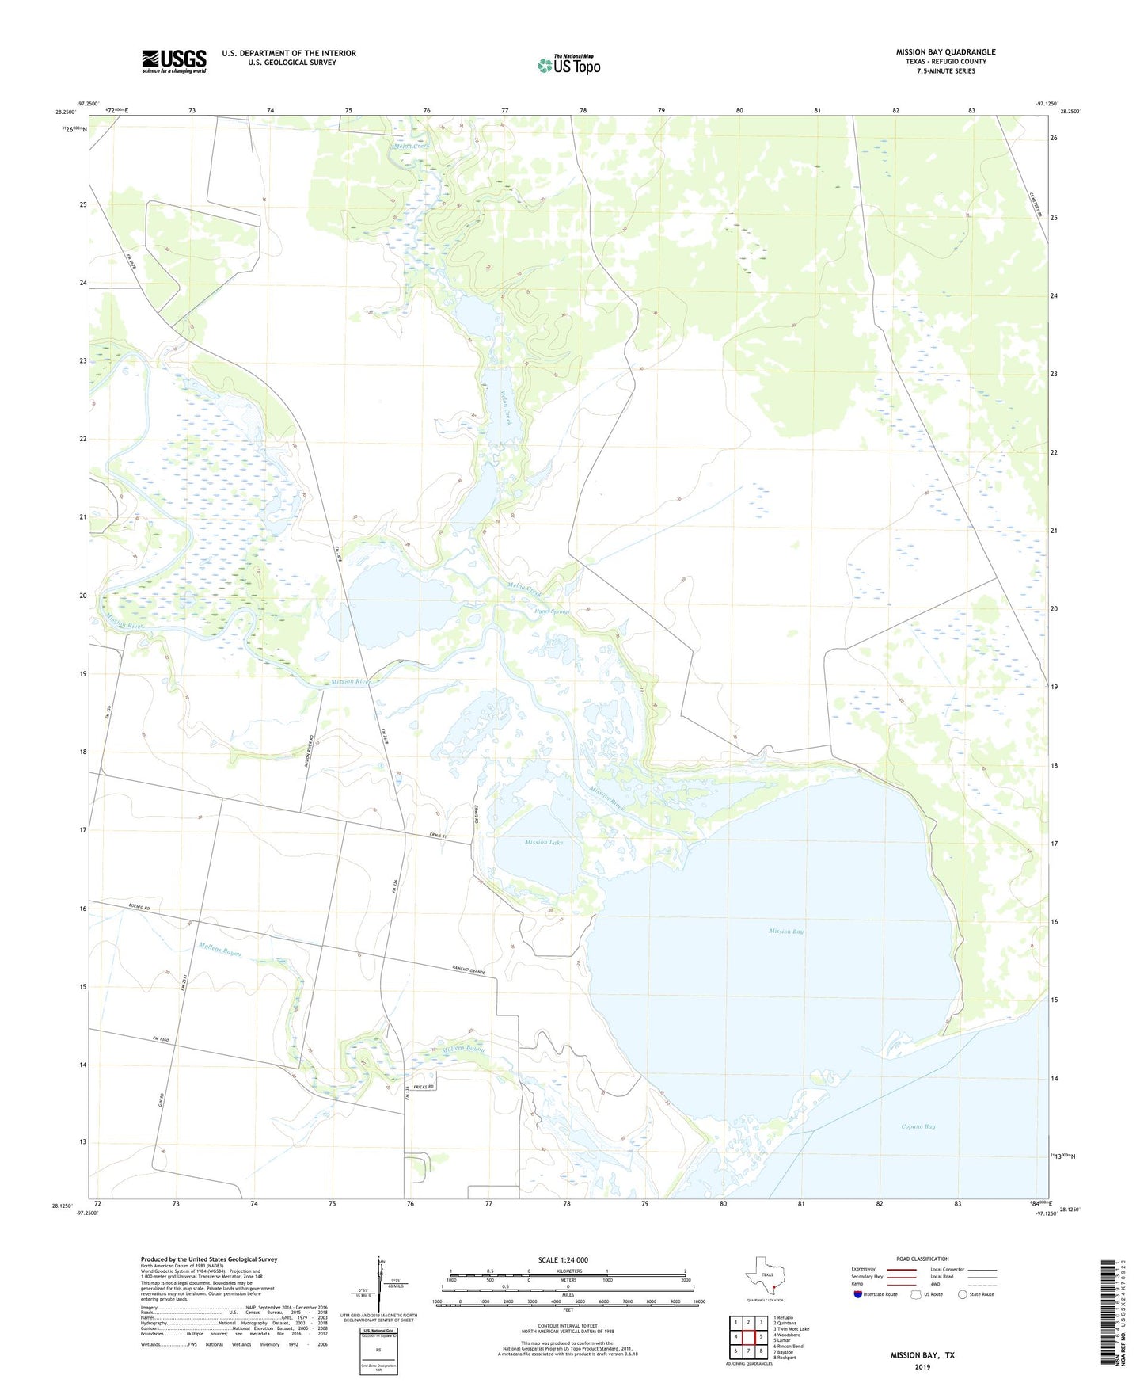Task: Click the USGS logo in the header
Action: [174, 61]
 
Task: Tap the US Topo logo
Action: [568, 64]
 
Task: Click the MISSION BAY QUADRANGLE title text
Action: [945, 52]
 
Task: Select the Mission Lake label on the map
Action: [544, 842]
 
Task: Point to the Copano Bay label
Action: [918, 1126]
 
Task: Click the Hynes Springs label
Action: [552, 611]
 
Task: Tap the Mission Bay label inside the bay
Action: [786, 932]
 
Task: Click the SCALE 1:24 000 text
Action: [563, 1260]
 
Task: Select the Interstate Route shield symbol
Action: [858, 1295]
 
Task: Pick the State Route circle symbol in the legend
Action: [962, 1295]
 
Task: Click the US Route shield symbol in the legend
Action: [917, 1295]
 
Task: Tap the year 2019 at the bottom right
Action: [922, 1367]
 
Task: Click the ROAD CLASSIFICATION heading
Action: [922, 1259]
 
